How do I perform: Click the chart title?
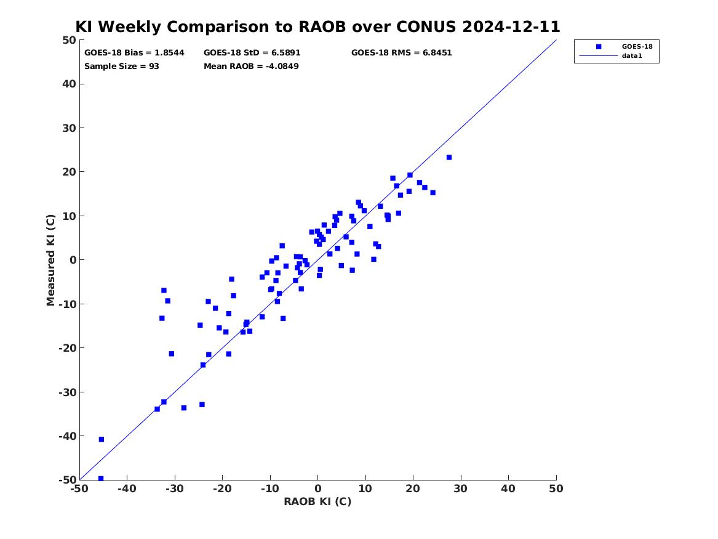coord(317,26)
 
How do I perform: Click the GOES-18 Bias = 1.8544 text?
coord(134,53)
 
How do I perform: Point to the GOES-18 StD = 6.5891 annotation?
coord(252,53)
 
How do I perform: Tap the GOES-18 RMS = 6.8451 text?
coord(402,53)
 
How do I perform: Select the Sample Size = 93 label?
coord(122,67)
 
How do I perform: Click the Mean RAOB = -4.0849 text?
coord(251,67)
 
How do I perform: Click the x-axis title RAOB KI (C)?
coord(317,501)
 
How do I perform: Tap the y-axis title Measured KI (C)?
coord(50,260)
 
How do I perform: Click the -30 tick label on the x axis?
coord(175,488)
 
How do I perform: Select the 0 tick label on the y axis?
coord(73,260)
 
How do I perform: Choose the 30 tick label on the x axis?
coord(461,488)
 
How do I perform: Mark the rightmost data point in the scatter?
coord(449,158)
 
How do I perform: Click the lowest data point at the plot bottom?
coord(101,479)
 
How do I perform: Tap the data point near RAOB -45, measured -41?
coord(101,440)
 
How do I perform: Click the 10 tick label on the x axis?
coord(365,488)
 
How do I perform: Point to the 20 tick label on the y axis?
coord(69,172)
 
